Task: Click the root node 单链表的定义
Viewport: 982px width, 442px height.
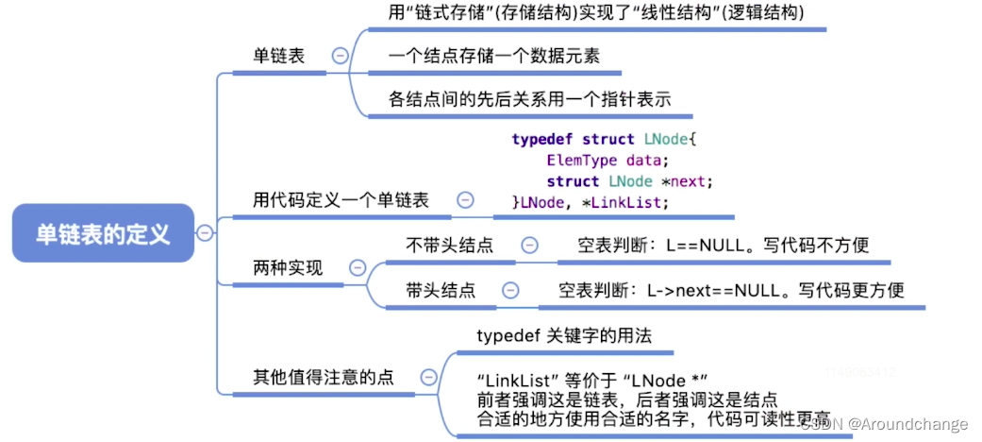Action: coord(103,233)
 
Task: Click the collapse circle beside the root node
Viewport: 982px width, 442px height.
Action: coord(205,233)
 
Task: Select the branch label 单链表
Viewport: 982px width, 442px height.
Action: coord(278,57)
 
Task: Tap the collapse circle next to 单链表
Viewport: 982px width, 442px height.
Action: coord(340,56)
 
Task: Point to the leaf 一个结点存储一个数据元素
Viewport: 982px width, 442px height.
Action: coord(493,56)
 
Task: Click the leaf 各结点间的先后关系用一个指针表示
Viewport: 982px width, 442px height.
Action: coord(529,99)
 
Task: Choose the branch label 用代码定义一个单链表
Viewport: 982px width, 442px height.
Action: coord(341,200)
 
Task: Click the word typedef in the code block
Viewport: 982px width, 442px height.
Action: coord(542,139)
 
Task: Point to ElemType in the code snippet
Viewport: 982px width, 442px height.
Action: coord(582,160)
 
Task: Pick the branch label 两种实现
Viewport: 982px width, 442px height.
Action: coord(287,268)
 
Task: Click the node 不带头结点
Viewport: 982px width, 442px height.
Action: coord(449,246)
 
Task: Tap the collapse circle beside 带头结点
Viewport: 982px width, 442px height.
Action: coord(509,291)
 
